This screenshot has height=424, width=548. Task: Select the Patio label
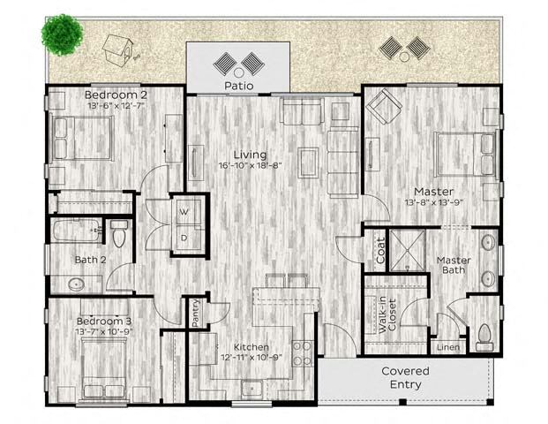[x=238, y=87]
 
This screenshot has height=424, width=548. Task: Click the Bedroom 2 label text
[x=116, y=95]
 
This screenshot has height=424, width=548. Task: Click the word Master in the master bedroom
[x=433, y=191]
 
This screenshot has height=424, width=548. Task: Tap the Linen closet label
[x=449, y=346]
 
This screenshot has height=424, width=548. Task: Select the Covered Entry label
[x=406, y=377]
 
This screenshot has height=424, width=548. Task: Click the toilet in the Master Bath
[x=483, y=335]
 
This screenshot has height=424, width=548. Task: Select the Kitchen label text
[x=251, y=347]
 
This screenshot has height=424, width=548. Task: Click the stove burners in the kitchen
[x=303, y=352]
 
